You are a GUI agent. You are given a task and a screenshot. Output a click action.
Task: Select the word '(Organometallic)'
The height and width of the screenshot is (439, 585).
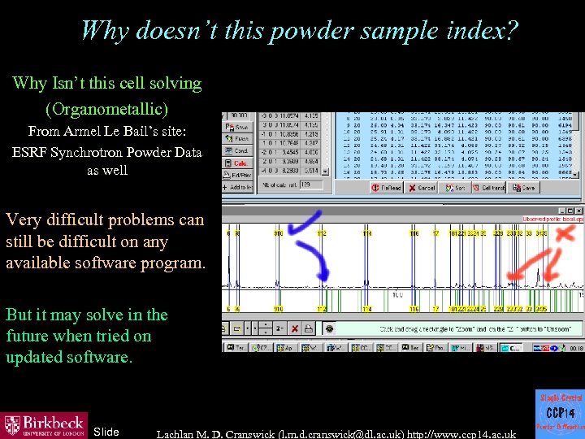pyautogui.click(x=107, y=108)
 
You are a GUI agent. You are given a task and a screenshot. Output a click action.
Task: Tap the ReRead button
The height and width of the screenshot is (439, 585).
pyautogui.click(x=388, y=188)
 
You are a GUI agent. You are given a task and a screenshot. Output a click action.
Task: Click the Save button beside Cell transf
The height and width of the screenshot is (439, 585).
pyautogui.click(x=526, y=188)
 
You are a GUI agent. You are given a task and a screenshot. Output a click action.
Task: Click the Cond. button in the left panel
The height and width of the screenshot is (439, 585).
pyautogui.click(x=240, y=151)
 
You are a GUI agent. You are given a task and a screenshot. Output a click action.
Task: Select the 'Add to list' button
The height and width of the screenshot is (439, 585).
pyautogui.click(x=238, y=188)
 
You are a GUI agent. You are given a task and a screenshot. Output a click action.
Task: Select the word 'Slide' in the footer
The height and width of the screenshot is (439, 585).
pyautogui.click(x=106, y=432)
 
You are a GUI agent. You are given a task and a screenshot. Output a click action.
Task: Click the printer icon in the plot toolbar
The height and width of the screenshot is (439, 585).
pyautogui.click(x=312, y=328)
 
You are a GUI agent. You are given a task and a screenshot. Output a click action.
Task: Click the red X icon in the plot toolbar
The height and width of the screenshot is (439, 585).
pyautogui.click(x=295, y=328)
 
